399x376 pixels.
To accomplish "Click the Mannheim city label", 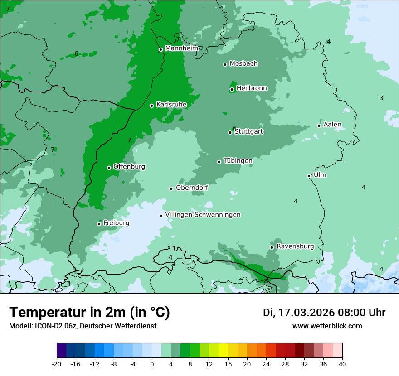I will pyautogui.click(x=181, y=48).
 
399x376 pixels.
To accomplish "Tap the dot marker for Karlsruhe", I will pyautogui.click(x=151, y=106).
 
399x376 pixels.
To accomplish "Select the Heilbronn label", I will pyautogui.click(x=252, y=88).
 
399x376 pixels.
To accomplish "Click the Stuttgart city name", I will pyautogui.click(x=248, y=131).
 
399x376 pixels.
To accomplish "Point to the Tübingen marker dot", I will pyautogui.click(x=219, y=162).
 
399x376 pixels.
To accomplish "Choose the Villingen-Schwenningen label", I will pyautogui.click(x=203, y=215).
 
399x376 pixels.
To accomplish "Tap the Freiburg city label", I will pyautogui.click(x=116, y=223).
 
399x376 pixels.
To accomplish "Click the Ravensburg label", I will pyautogui.click(x=295, y=246).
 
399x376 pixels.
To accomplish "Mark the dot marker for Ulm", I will pyautogui.click(x=309, y=176).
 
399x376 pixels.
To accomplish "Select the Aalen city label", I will pyautogui.click(x=332, y=125).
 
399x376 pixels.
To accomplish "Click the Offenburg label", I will pyautogui.click(x=129, y=167).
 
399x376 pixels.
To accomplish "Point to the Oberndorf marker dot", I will pyautogui.click(x=171, y=188).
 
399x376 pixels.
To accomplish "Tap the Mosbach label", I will pyautogui.click(x=243, y=64).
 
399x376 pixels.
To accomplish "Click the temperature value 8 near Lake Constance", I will pyautogui.click(x=266, y=281).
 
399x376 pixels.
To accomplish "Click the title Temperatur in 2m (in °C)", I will pyautogui.click(x=89, y=313).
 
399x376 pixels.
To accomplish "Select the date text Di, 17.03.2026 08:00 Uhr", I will pyautogui.click(x=324, y=313).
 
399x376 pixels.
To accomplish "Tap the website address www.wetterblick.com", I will pyautogui.click(x=327, y=326).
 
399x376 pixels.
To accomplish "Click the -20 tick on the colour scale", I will pyautogui.click(x=57, y=364).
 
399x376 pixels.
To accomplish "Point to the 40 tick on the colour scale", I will pyautogui.click(x=342, y=364).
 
